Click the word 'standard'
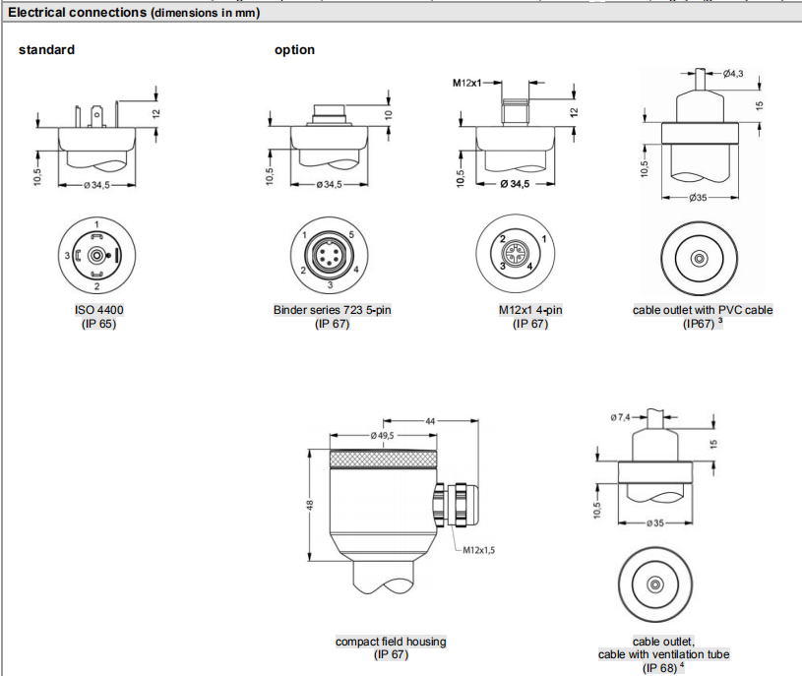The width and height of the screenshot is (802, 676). click(x=46, y=50)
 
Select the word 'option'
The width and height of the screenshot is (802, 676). click(x=294, y=50)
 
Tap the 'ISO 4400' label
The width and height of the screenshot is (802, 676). click(x=98, y=310)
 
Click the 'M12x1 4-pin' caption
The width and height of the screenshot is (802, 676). click(x=530, y=310)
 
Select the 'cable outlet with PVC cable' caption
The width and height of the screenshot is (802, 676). click(x=703, y=310)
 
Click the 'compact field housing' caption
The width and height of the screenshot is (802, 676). click(x=391, y=642)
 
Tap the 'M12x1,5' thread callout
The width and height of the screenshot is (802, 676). click(x=479, y=550)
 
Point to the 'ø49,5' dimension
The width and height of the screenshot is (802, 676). click(x=383, y=435)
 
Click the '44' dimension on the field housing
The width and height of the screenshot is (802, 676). click(x=430, y=421)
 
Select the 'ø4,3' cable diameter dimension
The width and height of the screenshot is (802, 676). click(x=733, y=74)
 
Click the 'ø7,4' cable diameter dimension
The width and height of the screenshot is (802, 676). click(x=621, y=418)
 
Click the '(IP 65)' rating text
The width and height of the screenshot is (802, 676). click(x=98, y=324)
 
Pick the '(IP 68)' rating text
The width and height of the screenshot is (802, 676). click(x=658, y=668)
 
